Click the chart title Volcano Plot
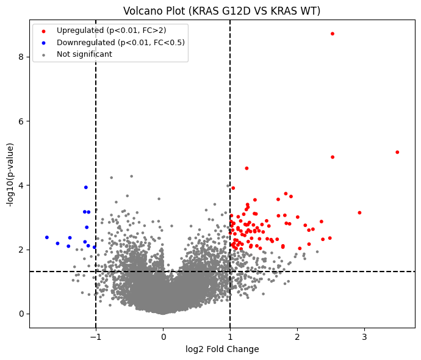(x=221, y=11)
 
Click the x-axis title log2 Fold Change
(x=222, y=349)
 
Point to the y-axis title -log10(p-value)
(x=10, y=175)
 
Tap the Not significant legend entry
(x=84, y=54)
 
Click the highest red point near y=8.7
(x=333, y=34)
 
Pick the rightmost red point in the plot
(x=397, y=152)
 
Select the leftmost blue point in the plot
(x=47, y=237)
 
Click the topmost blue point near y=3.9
(x=86, y=187)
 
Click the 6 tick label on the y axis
(x=21, y=121)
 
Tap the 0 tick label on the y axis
(x=21, y=314)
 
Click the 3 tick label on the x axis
(x=364, y=336)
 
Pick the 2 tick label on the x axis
(x=297, y=336)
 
